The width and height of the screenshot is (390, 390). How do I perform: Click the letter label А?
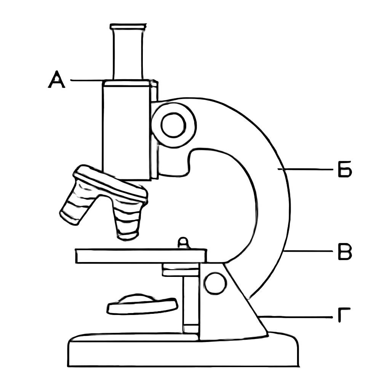pos(56,79)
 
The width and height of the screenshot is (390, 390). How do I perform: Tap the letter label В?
pos(345,252)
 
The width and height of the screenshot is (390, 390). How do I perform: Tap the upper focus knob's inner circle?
pos(174,125)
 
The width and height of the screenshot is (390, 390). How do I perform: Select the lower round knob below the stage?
pos(216,284)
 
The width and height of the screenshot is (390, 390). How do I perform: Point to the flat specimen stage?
pos(141,256)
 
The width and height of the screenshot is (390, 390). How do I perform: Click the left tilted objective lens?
pos(75,203)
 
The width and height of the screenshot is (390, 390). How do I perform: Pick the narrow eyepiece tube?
pos(128,54)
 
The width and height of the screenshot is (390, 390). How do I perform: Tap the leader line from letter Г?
pos(296,317)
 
